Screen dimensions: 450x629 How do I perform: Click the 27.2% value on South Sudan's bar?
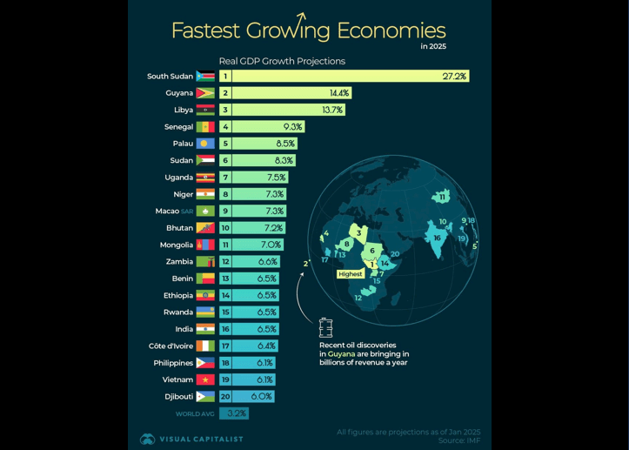point(454,77)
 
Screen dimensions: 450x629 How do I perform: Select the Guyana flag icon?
point(205,93)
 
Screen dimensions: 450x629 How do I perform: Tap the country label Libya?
point(184,111)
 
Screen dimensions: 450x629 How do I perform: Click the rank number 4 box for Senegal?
point(225,127)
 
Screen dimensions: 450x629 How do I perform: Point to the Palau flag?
point(205,144)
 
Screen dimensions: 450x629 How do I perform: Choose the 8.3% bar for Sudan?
point(264,161)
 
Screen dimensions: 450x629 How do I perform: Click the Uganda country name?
point(178,178)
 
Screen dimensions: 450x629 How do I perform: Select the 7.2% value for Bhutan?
point(274,228)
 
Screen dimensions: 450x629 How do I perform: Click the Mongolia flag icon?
point(205,245)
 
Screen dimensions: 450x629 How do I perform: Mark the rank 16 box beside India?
point(225,329)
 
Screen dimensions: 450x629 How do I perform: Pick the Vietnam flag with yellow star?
point(205,380)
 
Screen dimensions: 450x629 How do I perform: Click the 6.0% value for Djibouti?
point(261,397)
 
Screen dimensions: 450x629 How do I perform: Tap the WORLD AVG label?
point(195,414)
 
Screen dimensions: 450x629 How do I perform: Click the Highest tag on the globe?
point(350,274)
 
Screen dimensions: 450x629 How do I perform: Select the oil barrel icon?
point(325,327)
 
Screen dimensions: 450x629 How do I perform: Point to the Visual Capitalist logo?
point(147,440)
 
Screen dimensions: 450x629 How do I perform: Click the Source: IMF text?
point(458,441)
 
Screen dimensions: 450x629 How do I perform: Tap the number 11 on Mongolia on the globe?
point(442,198)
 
